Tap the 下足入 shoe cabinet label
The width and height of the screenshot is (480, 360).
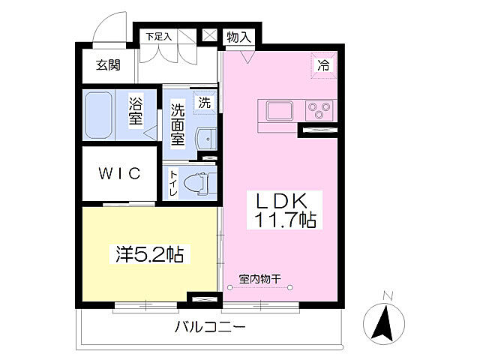(x=158, y=35)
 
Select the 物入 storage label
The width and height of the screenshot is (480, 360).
(x=238, y=36)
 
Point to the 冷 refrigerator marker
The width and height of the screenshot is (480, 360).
(x=324, y=65)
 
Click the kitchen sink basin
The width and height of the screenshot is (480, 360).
(x=278, y=111)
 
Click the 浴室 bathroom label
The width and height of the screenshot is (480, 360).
(x=136, y=110)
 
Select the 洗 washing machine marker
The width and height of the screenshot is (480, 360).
(x=204, y=102)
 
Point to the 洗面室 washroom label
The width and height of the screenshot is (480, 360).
(x=178, y=123)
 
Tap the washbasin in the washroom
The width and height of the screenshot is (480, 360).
(x=205, y=139)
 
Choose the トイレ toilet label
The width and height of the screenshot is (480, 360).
(x=174, y=183)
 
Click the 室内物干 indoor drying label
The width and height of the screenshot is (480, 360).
(x=259, y=279)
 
